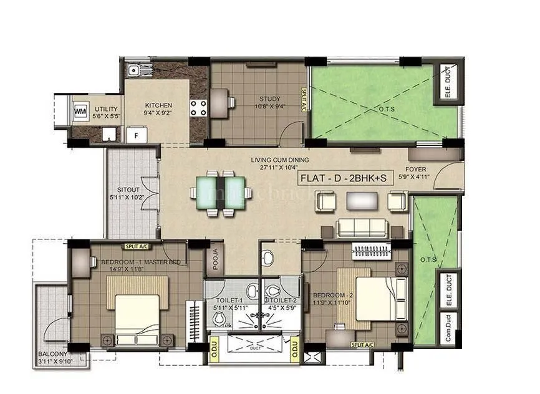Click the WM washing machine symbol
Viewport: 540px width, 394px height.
coord(80,112)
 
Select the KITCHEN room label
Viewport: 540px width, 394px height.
coord(158,105)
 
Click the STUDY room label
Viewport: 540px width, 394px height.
coord(270,98)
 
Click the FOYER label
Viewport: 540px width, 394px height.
coord(416,170)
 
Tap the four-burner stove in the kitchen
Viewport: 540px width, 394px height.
coord(198,108)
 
